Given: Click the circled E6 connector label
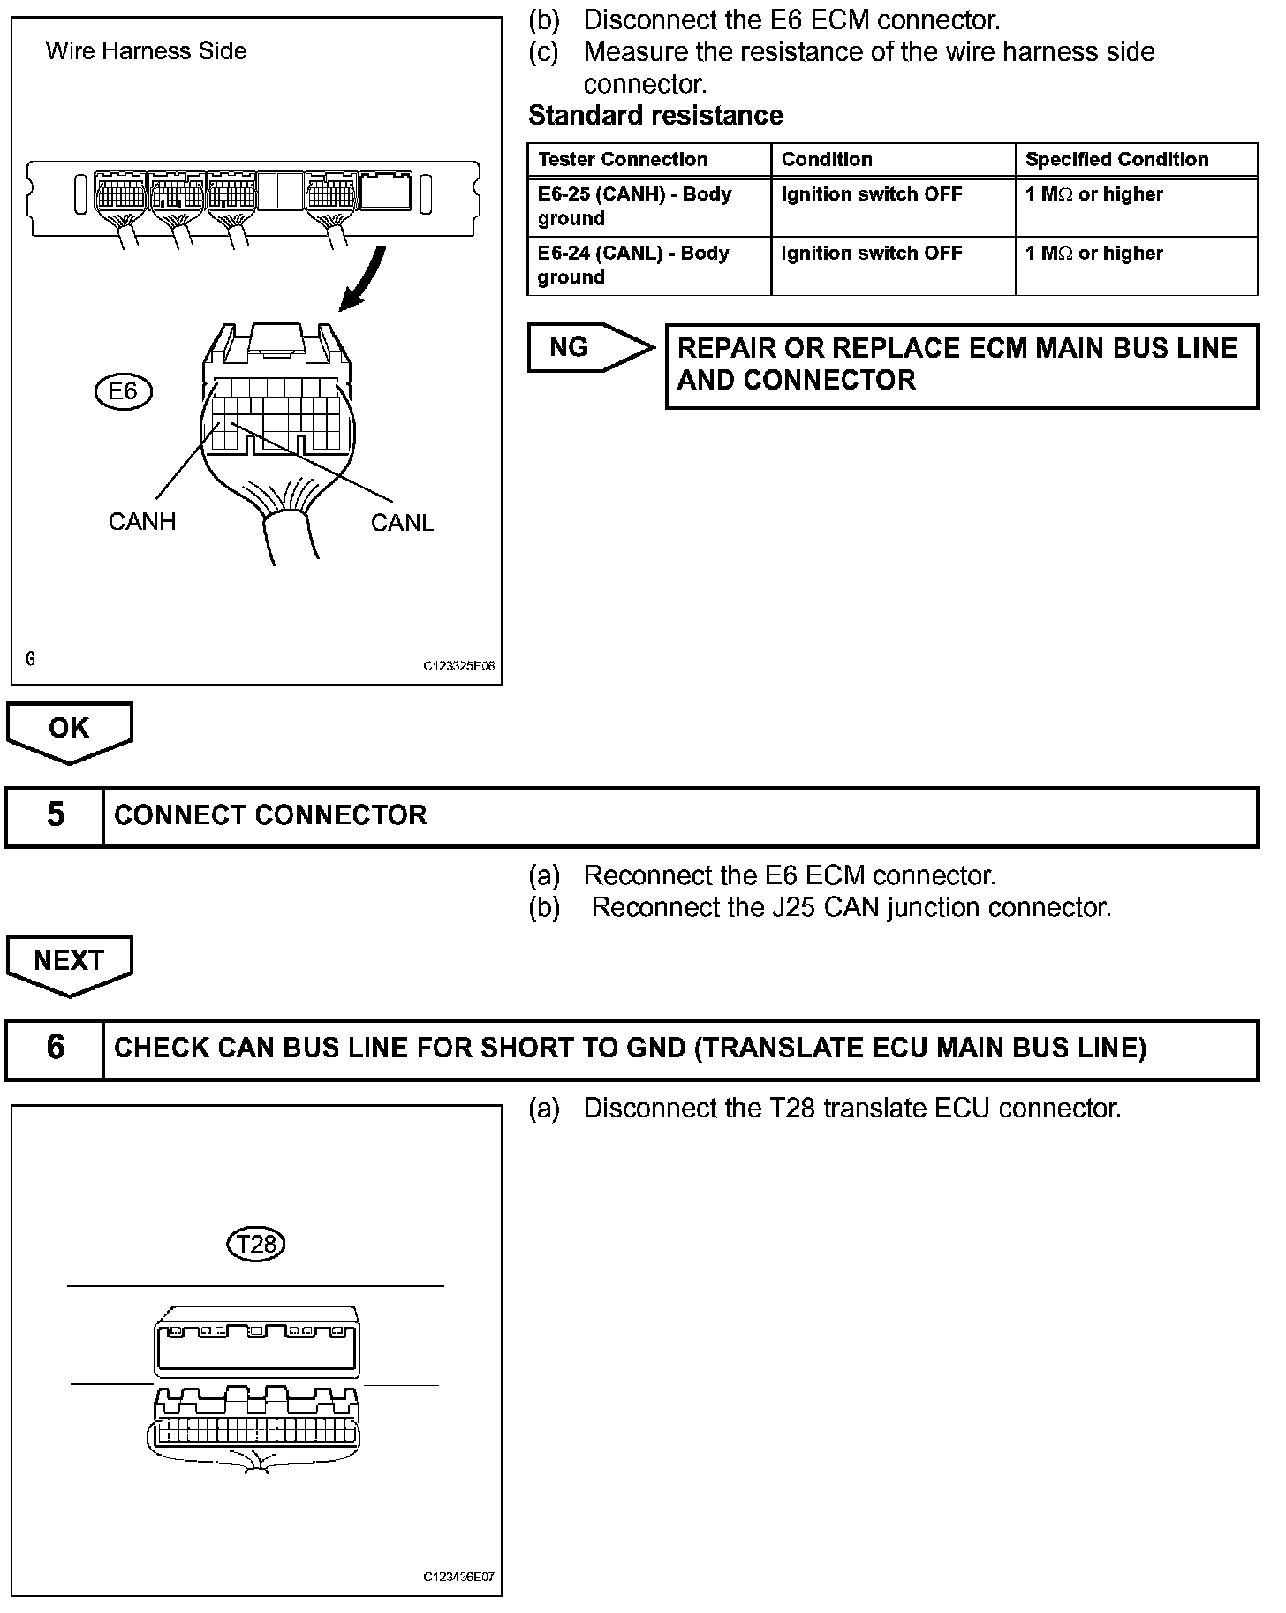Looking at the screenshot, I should point(123,390).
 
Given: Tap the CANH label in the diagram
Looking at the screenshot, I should point(142,522).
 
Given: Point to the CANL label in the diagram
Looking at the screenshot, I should point(402,523).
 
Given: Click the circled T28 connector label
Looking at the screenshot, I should point(257,1245).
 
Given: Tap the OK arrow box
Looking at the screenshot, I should point(69,730).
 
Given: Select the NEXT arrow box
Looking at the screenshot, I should point(69,962).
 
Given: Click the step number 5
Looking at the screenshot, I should point(55,814).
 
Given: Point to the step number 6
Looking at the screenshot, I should point(55,1048).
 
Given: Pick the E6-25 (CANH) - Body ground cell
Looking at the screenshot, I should point(634,206).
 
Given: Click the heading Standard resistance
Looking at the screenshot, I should point(655,116).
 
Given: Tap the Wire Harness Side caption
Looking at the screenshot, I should point(146,51).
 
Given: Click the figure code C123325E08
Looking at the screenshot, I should point(458,667).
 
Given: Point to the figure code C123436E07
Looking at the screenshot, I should point(458,1577).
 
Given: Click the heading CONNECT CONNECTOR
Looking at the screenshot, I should point(270,814).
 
